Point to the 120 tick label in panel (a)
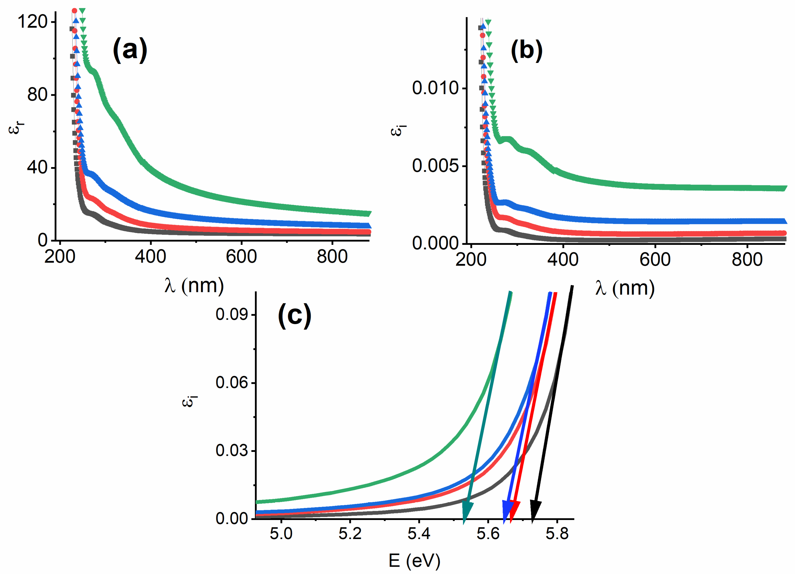tap(33, 22)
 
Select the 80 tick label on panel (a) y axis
tap(38, 95)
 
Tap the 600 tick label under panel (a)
tap(241, 257)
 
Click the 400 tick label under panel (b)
tap(563, 260)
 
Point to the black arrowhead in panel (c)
tap(535, 512)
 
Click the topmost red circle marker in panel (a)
tap(74, 11)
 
